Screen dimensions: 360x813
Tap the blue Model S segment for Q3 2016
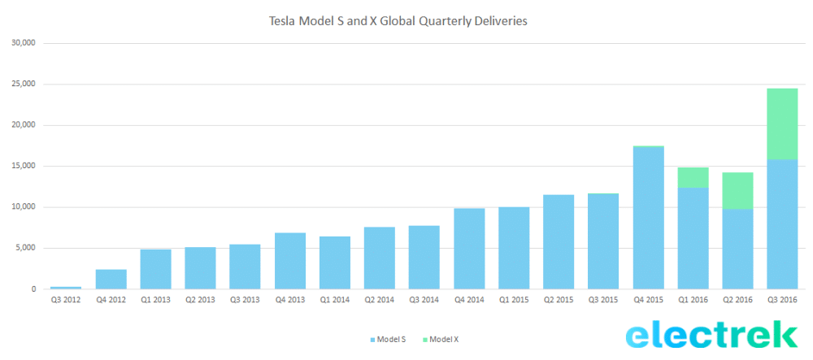[x=782, y=223]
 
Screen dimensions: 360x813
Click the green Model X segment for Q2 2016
[x=737, y=191]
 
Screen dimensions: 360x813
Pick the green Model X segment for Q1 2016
[x=693, y=178]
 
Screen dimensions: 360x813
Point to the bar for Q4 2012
[x=111, y=279]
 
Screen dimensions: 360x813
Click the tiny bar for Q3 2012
[x=66, y=288]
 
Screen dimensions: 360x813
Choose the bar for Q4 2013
[x=290, y=261]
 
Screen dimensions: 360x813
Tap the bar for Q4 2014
[x=469, y=249]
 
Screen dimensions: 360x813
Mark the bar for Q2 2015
[x=559, y=241]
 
